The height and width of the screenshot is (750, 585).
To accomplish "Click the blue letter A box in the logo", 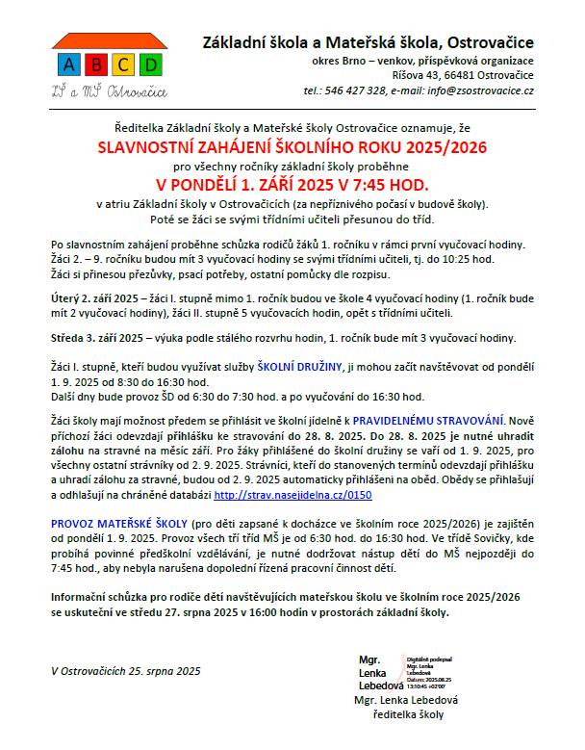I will pyautogui.click(x=68, y=65).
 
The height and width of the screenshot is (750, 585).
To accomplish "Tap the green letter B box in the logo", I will pyautogui.click(x=95, y=65).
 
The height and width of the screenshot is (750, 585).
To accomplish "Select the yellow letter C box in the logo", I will pyautogui.click(x=122, y=65).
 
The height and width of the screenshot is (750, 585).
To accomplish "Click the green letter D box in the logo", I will pyautogui.click(x=149, y=65).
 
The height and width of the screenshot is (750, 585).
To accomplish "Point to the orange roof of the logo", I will pyautogui.click(x=109, y=42).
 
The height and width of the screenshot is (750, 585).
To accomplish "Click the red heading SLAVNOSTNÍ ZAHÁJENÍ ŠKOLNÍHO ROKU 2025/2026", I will pyautogui.click(x=293, y=147).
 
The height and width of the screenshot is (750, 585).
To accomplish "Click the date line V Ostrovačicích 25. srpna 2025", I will pyautogui.click(x=126, y=670).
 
